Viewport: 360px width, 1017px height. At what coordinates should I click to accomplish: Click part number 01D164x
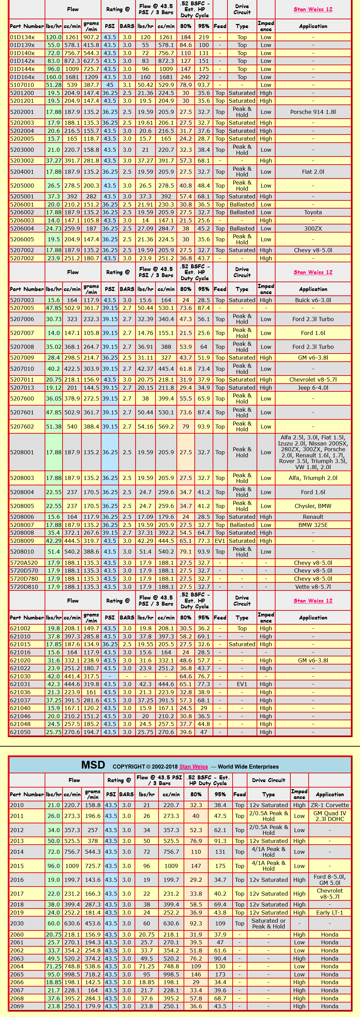(23, 77)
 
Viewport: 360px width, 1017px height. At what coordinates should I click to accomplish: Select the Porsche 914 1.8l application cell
(313, 112)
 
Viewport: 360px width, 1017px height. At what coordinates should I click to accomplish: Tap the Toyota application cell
(313, 212)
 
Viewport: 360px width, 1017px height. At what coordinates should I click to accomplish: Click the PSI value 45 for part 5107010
(110, 85)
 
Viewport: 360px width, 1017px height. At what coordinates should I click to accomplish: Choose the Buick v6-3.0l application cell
(313, 300)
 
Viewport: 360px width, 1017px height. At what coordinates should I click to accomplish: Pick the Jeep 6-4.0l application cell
(313, 388)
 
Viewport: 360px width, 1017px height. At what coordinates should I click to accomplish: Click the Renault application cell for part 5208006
(313, 517)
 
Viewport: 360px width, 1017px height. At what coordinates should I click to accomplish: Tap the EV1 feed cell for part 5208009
(220, 541)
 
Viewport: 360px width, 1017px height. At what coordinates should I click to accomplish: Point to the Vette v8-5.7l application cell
(313, 587)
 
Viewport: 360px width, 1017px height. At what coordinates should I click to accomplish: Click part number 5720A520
(24, 563)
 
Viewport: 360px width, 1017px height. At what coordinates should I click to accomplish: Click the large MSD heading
(93, 765)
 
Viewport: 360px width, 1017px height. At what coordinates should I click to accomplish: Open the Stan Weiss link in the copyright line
(193, 767)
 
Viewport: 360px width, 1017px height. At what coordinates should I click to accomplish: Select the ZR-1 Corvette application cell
(330, 805)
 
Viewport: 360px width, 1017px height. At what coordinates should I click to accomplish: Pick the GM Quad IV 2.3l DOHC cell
(330, 816)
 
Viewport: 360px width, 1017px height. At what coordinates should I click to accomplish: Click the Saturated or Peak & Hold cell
(268, 923)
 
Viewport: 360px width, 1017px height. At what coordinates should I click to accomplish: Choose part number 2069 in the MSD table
(17, 1006)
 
